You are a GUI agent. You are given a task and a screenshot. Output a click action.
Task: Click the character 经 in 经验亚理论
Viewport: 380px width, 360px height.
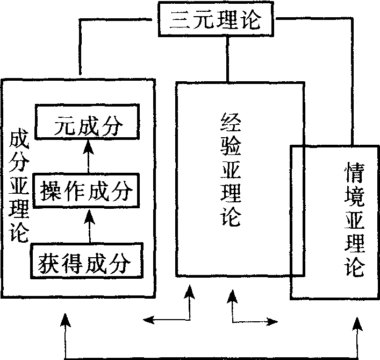[x=230, y=123]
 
